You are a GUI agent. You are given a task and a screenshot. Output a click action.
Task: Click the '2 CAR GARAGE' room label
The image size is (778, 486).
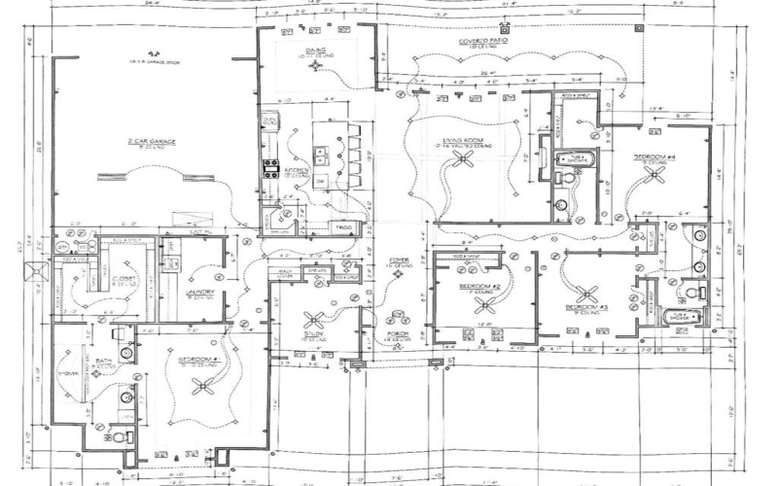click(151, 142)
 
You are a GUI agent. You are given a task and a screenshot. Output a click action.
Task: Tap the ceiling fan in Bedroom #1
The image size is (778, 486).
click(203, 386)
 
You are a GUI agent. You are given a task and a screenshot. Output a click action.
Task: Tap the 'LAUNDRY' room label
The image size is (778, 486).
click(199, 291)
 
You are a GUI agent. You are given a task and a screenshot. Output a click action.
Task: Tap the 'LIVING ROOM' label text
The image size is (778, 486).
click(465, 140)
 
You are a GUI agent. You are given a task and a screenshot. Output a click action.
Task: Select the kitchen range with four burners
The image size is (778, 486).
click(268, 167)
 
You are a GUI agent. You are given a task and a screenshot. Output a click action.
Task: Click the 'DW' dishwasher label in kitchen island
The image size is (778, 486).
click(320, 181)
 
